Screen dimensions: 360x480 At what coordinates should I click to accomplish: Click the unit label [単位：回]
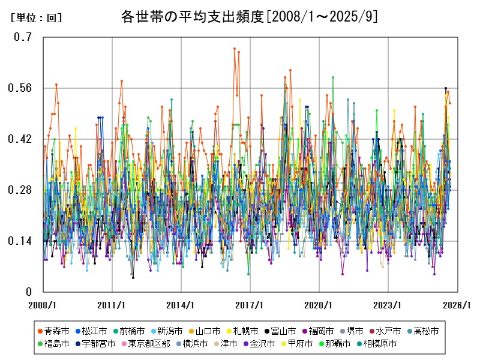[37, 18]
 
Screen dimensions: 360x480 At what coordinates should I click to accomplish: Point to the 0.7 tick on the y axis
[23, 37]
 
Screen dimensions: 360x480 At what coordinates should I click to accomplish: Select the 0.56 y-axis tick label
[20, 88]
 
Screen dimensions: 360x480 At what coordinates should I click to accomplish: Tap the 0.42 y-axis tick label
[20, 139]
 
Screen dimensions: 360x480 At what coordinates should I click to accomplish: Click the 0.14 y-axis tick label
[20, 241]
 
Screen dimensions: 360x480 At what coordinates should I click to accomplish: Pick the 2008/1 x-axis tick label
[43, 305]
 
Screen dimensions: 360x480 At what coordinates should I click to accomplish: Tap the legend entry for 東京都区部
[149, 344]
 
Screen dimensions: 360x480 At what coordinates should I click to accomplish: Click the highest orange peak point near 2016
[235, 49]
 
